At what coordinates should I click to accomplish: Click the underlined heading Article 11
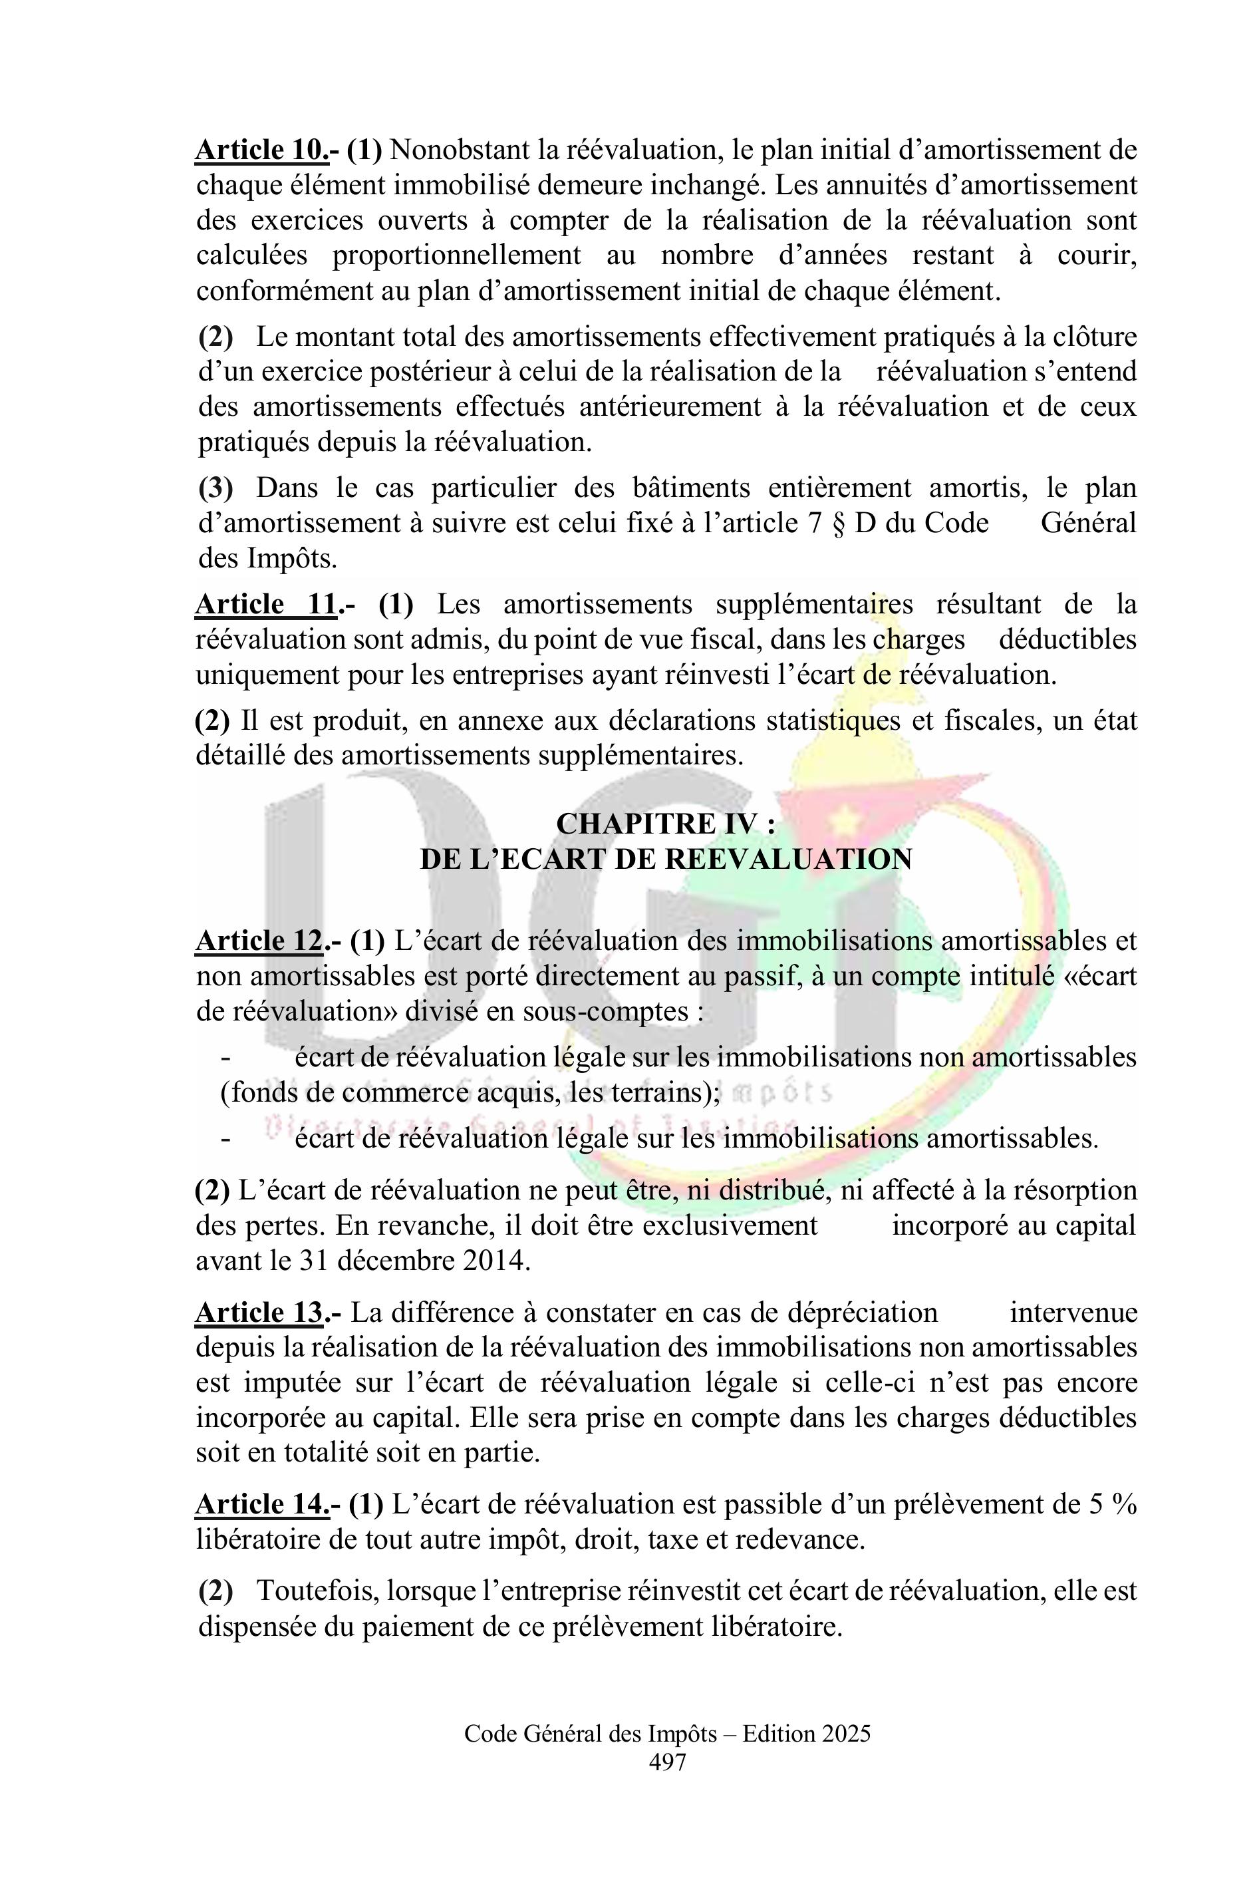click(x=265, y=605)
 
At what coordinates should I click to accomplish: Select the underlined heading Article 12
click(x=260, y=941)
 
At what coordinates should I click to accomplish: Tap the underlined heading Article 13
click(x=260, y=1313)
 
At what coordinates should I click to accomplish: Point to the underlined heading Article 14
click(x=261, y=1504)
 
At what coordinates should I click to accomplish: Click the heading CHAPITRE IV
click(x=665, y=824)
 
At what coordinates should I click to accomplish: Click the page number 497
click(x=667, y=1762)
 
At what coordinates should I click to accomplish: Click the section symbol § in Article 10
click(x=839, y=524)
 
